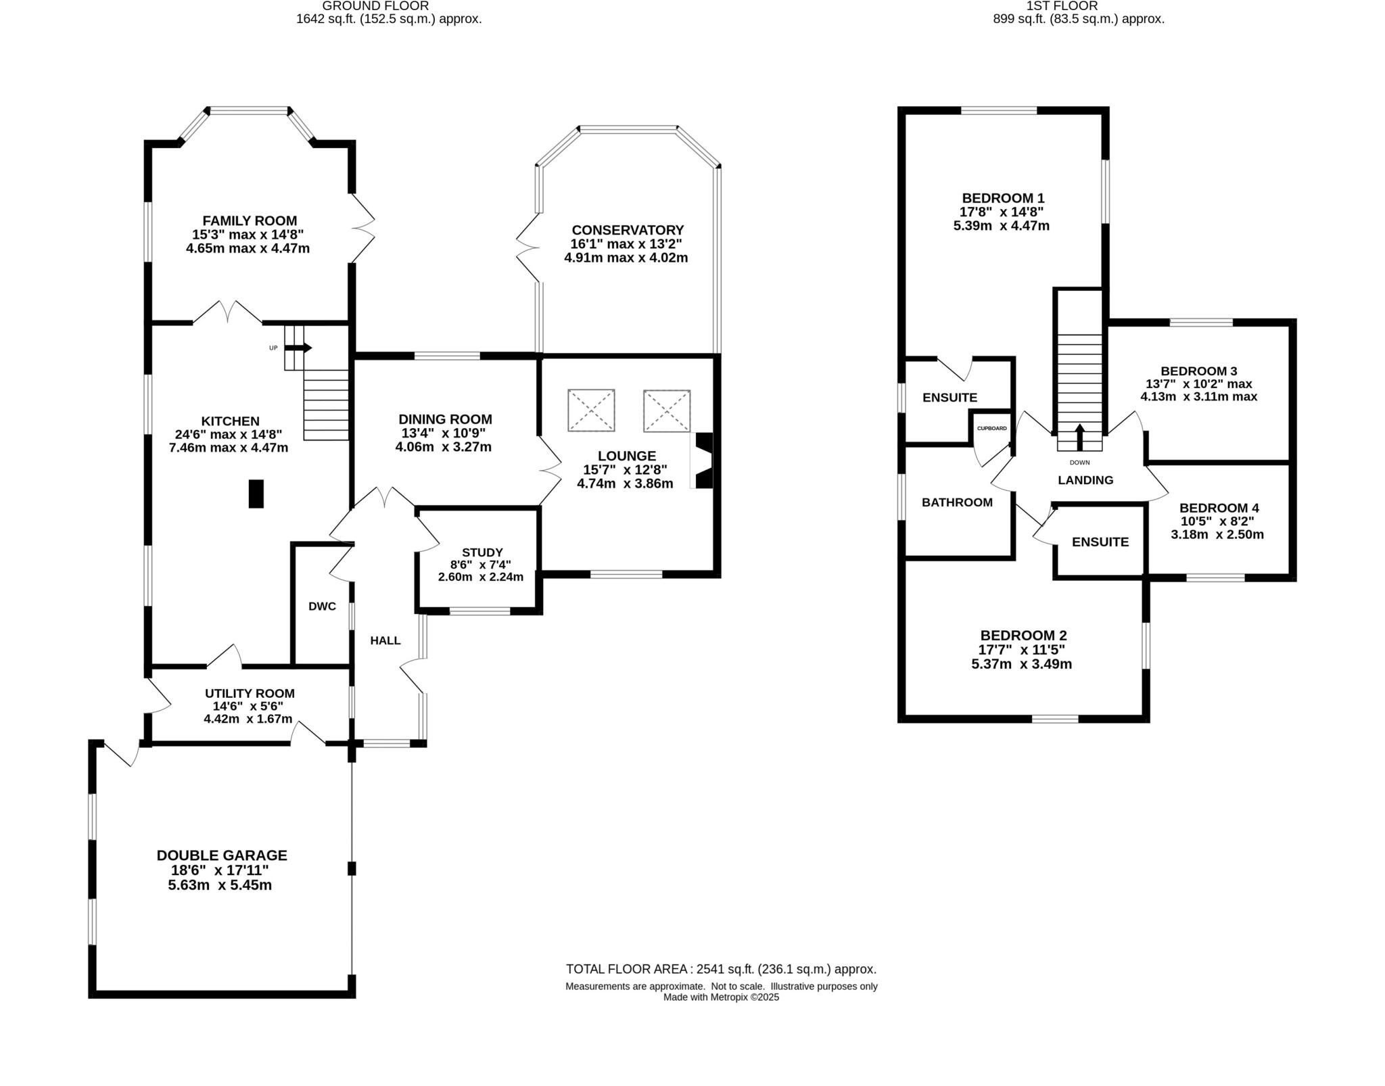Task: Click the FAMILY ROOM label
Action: pyautogui.click(x=250, y=220)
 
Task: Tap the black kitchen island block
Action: pyautogui.click(x=256, y=493)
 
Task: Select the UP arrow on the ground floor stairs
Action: pyautogui.click(x=298, y=348)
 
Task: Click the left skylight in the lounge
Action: pyautogui.click(x=591, y=410)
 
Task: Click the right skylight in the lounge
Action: pyautogui.click(x=667, y=410)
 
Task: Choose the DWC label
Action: pyautogui.click(x=322, y=606)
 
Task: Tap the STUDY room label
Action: pyautogui.click(x=482, y=552)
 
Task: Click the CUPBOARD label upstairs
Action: pyautogui.click(x=991, y=428)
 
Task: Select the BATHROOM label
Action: pyautogui.click(x=957, y=502)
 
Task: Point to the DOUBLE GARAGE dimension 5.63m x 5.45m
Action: pyautogui.click(x=220, y=885)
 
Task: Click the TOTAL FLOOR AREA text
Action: pyautogui.click(x=721, y=969)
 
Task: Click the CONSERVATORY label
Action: pyautogui.click(x=627, y=230)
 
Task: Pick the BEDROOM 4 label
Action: pyautogui.click(x=1219, y=508)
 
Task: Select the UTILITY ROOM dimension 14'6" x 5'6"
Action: pyautogui.click(x=250, y=706)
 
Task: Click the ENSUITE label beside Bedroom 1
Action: pyautogui.click(x=949, y=398)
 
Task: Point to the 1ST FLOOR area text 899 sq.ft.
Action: pyautogui.click(x=1078, y=19)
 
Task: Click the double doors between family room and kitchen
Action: pyautogui.click(x=228, y=314)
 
